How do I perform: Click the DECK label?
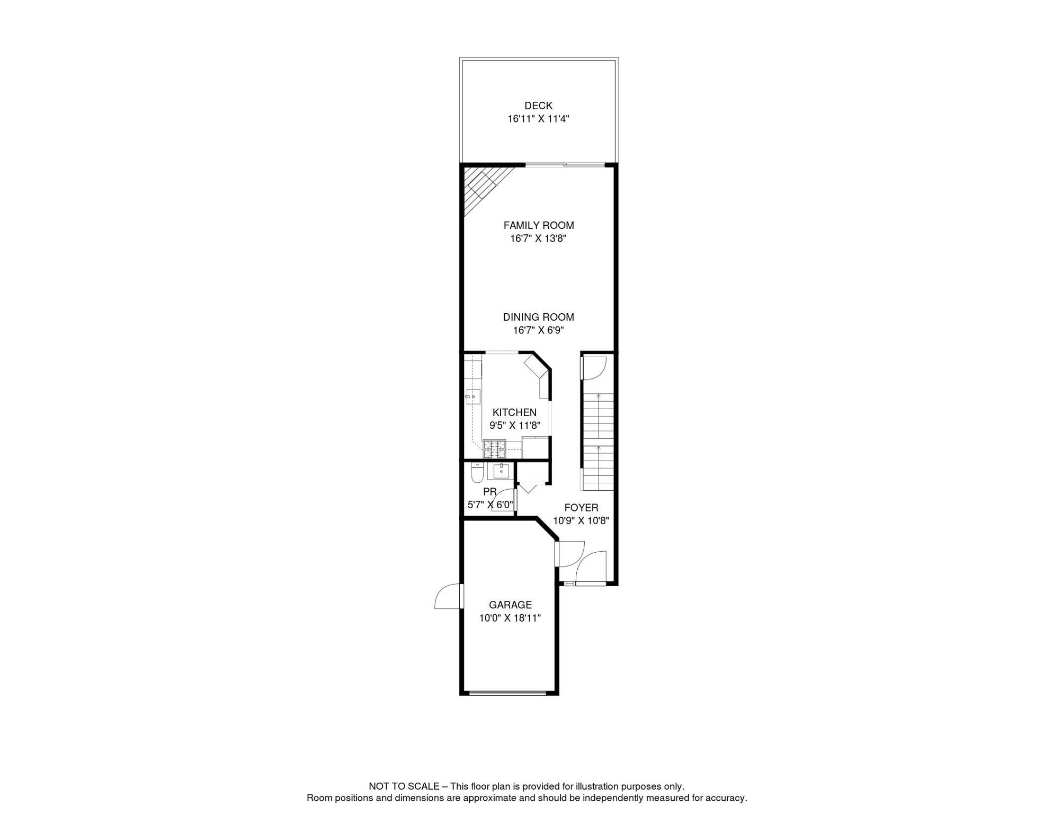pyautogui.click(x=538, y=105)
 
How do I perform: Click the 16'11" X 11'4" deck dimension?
pyautogui.click(x=538, y=119)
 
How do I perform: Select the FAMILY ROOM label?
pyautogui.click(x=538, y=225)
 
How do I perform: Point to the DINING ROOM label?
pyautogui.click(x=538, y=317)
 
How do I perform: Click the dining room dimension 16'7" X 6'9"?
pyautogui.click(x=538, y=330)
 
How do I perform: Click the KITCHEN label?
pyautogui.click(x=514, y=412)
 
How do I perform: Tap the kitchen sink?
pyautogui.click(x=473, y=396)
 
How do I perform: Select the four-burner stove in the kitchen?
pyautogui.click(x=494, y=449)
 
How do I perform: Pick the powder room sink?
pyautogui.click(x=501, y=471)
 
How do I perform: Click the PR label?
pyautogui.click(x=489, y=492)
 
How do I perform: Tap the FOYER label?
pyautogui.click(x=581, y=508)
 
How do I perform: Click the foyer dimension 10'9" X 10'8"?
pyautogui.click(x=581, y=520)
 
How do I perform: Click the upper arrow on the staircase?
pyautogui.click(x=599, y=396)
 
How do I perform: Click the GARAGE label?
pyautogui.click(x=510, y=605)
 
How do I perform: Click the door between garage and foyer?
pyautogui.click(x=570, y=554)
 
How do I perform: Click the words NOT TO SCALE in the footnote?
pyautogui.click(x=404, y=786)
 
